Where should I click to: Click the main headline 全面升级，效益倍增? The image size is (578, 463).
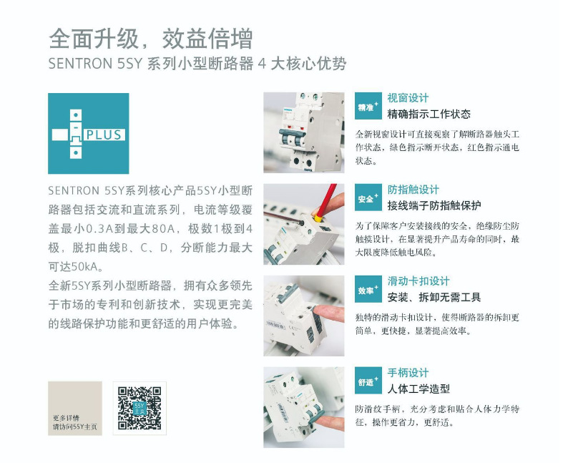151,39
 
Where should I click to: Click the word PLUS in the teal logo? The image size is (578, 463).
104,135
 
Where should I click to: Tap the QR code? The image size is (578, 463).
139,408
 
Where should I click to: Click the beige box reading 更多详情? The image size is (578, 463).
75,408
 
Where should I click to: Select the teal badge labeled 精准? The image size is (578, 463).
368,106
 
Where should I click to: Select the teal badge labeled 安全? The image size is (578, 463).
368,198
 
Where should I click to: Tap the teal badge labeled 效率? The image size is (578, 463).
368,289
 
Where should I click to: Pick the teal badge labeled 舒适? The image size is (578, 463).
368,381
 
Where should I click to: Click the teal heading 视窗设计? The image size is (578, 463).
408,98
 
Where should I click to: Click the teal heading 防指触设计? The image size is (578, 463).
413,190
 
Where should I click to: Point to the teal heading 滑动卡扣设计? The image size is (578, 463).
418,281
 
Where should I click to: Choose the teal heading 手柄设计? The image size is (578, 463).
408,373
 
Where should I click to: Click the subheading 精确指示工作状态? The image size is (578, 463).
429,114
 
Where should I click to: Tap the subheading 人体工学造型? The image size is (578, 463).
418,389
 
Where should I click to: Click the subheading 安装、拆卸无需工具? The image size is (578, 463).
434,298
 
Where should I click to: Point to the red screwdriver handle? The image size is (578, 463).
329,199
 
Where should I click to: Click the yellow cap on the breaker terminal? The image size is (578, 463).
317,218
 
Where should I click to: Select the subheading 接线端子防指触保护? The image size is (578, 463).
434,205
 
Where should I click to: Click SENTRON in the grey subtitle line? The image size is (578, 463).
80,64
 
